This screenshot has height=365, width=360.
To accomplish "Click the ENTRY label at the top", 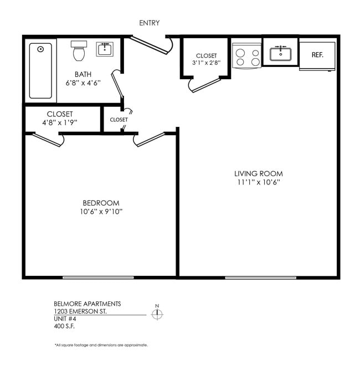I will point(150,23).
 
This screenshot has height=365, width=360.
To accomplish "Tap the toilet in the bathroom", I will point(79,52).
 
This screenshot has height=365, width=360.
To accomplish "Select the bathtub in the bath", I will point(40,70).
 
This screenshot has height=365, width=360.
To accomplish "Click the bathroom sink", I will point(105,50).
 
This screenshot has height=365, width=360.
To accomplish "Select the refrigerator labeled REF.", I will point(317,55).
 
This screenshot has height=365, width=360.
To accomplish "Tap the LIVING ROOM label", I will point(258,173).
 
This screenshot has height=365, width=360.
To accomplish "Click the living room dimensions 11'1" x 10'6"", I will point(258,182).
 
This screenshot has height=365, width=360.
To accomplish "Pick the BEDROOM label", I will point(101,203).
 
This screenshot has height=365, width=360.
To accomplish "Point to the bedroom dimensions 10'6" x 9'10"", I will point(101,212).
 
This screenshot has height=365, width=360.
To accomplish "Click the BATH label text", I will point(84,74).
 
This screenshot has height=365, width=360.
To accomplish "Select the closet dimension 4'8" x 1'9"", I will point(60,122).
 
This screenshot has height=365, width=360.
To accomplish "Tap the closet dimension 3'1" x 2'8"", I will point(206,63).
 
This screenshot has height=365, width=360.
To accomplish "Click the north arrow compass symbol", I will point(158,314).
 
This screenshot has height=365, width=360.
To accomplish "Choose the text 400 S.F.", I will point(64,327).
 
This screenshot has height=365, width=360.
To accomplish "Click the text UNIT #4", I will point(64,319).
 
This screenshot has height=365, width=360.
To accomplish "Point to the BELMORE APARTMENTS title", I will point(87,304).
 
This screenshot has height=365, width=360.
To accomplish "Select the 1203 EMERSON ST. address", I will point(80,311).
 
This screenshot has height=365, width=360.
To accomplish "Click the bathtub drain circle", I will point(40,49).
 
